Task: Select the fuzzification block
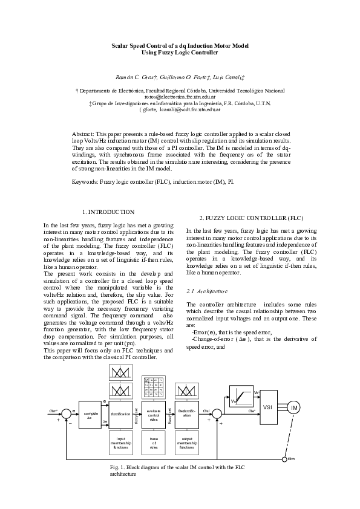click(120, 413)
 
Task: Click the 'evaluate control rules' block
click(154, 413)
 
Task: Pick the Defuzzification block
click(187, 413)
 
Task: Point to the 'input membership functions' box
click(120, 443)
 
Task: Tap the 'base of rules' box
click(154, 443)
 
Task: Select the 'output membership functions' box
click(187, 443)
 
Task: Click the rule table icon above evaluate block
click(154, 387)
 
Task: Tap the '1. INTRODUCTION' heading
click(108, 212)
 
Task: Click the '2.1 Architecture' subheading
click(207, 291)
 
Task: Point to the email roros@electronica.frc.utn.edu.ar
click(180, 97)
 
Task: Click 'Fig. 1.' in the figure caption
click(117, 468)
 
